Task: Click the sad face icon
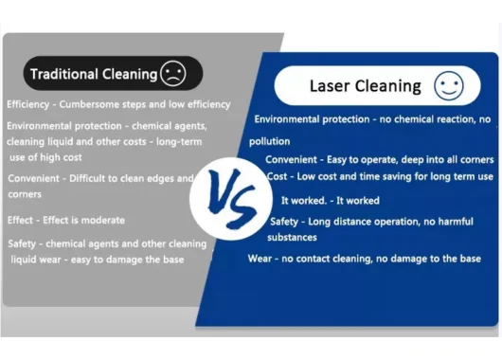pos(173,73)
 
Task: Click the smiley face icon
pos(449,86)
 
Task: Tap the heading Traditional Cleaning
pos(94,74)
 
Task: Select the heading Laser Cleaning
pos(365,86)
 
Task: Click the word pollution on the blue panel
pos(270,141)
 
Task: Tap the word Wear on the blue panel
pos(260,259)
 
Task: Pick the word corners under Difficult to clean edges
pos(25,194)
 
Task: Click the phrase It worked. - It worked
pos(330,201)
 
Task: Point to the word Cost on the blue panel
pos(277,177)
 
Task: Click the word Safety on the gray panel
pos(23,243)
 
